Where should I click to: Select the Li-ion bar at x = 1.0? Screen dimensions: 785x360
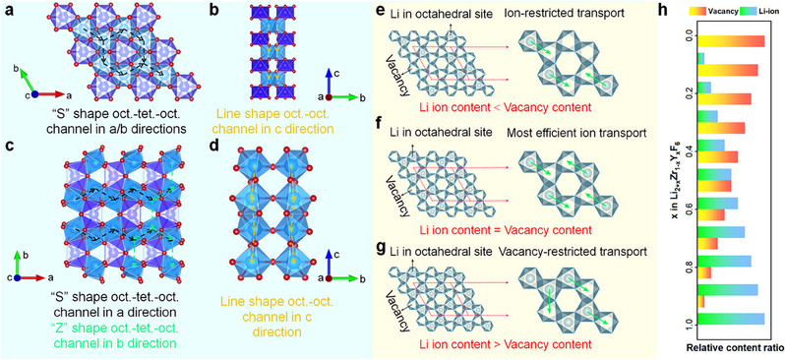coord(731,319)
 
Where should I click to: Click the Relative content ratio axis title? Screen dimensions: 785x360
coord(731,347)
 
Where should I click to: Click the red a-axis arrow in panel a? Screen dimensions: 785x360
coord(52,94)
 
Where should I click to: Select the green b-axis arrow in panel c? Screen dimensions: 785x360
coord(18,263)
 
